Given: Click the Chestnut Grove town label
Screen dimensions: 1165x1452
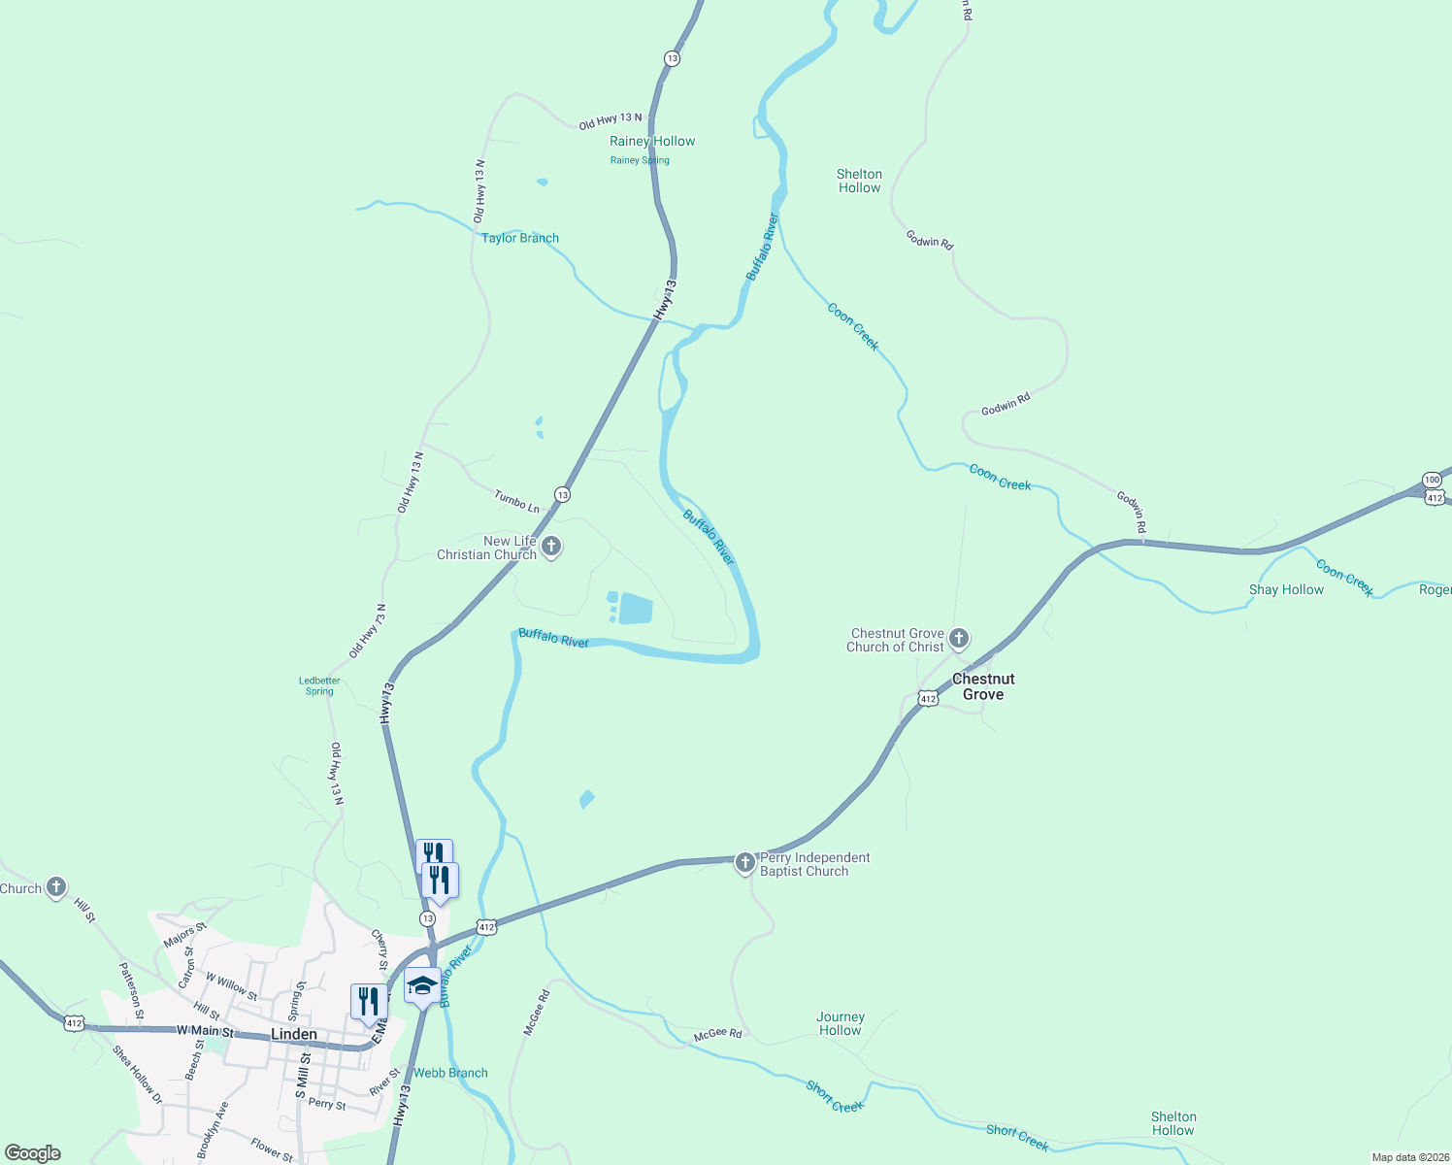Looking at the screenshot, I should point(983,686).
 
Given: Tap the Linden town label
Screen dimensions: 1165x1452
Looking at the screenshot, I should point(293,1034).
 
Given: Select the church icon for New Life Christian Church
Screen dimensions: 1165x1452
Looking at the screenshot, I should point(551,547).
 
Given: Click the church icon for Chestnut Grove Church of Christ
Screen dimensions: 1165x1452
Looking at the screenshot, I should point(959,639).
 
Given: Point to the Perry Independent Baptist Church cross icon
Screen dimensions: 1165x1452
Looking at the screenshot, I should point(744,862).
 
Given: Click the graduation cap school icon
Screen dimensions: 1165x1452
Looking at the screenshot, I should point(422,985).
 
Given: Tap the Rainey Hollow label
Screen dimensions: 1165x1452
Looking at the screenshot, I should point(652,141).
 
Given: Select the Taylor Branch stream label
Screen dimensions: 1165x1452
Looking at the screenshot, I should point(520,238).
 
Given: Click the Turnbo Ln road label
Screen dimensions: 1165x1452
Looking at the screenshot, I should point(516,502).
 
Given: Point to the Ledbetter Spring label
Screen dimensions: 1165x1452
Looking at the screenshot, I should point(319,685).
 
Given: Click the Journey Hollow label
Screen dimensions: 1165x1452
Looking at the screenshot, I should point(841,1023).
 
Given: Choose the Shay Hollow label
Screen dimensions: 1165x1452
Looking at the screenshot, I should point(1286,589).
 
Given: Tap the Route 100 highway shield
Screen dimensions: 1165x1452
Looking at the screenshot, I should point(1433,480).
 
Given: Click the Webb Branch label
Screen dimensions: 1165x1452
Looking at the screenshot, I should point(450,1073).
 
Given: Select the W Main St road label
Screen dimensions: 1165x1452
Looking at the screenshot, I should point(205,1031).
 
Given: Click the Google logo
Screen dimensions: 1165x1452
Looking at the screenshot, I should point(33,1153).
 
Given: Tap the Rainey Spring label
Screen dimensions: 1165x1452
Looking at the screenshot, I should point(640,160).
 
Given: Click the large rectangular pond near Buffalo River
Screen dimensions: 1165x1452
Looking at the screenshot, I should point(636,609).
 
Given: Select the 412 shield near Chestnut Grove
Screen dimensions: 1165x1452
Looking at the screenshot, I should point(928,699).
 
